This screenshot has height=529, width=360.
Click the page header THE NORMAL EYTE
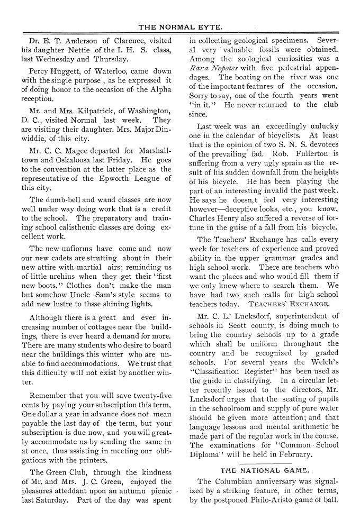(x=180, y=25)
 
